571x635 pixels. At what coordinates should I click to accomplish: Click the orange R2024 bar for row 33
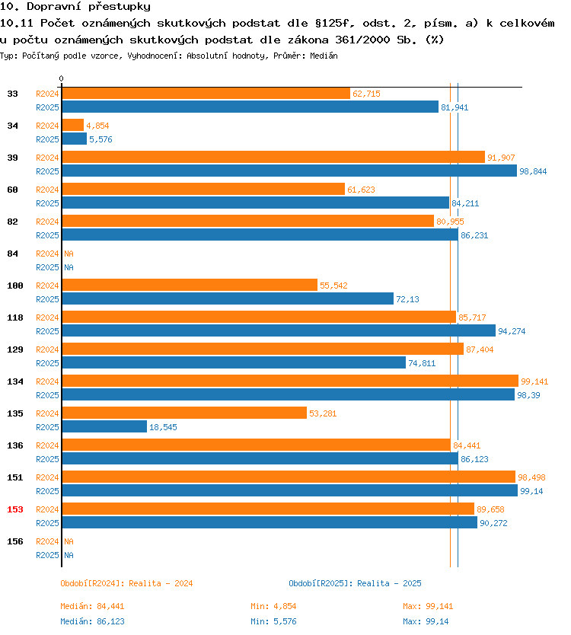[206, 94]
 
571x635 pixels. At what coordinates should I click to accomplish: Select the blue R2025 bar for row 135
[104, 426]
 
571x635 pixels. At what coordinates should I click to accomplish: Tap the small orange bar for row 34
[73, 125]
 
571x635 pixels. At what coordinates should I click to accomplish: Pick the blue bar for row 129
[234, 362]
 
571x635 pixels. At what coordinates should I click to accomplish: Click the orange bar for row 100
[190, 285]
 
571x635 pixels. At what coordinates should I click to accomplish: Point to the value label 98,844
[533, 171]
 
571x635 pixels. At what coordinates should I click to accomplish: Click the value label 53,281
[323, 413]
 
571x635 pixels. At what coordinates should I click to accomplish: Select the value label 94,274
[512, 331]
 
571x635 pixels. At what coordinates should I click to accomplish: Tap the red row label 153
[15, 509]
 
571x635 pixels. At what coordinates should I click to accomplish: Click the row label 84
[12, 254]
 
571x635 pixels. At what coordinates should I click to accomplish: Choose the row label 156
[15, 541]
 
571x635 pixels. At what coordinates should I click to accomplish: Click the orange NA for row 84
[69, 254]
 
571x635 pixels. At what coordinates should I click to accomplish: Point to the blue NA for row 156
[69, 555]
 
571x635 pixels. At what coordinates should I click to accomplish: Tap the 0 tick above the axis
[61, 78]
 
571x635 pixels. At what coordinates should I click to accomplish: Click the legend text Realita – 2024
[161, 583]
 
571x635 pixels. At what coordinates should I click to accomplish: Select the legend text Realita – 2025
[389, 583]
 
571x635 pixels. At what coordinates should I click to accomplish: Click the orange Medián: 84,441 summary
[92, 606]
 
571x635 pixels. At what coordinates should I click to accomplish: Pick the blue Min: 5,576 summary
[273, 621]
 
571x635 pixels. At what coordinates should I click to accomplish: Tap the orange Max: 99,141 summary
[428, 606]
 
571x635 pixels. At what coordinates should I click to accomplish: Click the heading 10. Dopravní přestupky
[75, 7]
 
